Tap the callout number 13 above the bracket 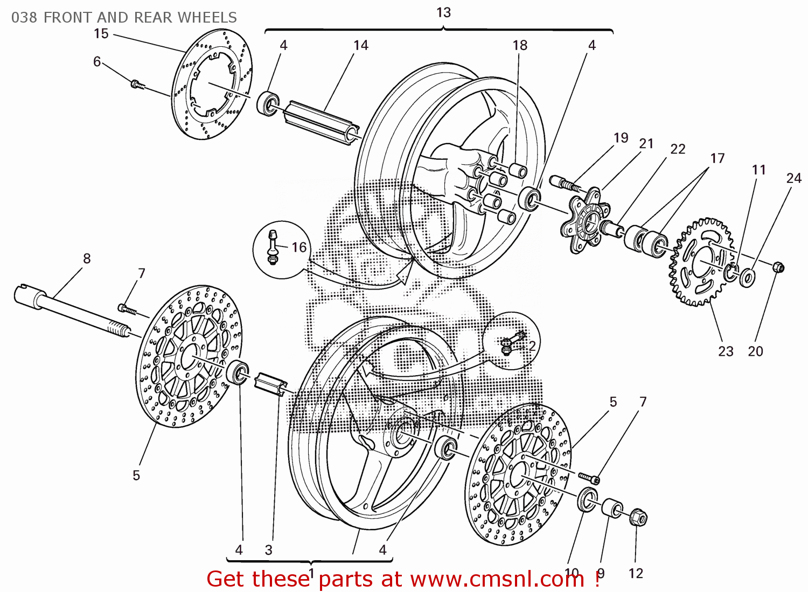[443, 12]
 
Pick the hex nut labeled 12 [638, 517]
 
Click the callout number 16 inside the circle [299, 247]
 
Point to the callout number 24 [793, 178]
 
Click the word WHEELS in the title [207, 17]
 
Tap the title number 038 [24, 17]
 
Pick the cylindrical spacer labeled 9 [612, 508]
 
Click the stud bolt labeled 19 [565, 183]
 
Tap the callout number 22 [678, 149]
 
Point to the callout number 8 [87, 259]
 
